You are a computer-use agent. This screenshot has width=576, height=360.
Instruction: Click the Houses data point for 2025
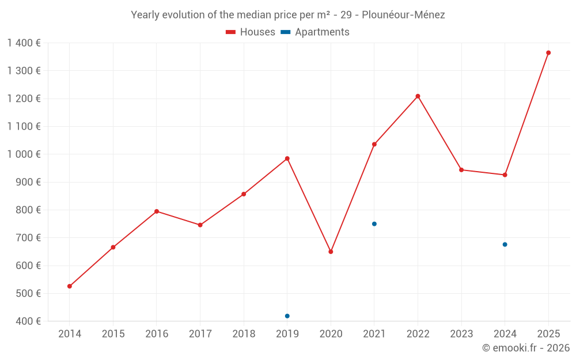pyautogui.click(x=548, y=53)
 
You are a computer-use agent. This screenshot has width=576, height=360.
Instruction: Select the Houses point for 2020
pyautogui.click(x=331, y=252)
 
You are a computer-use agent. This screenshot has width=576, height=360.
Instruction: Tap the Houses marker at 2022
pyautogui.click(x=418, y=96)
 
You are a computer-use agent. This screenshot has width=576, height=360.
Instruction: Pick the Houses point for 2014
pyautogui.click(x=70, y=286)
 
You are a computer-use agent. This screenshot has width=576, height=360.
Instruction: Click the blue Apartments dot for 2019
pyautogui.click(x=287, y=316)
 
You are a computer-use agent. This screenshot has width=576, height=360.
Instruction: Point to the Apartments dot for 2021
pyautogui.click(x=374, y=224)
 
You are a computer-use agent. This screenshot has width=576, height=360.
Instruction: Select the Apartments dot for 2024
pyautogui.click(x=505, y=245)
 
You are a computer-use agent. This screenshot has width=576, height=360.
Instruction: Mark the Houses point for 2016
pyautogui.click(x=157, y=211)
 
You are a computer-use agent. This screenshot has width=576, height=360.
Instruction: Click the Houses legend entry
pyautogui.click(x=251, y=32)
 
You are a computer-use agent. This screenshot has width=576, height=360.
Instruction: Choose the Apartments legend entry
pyautogui.click(x=315, y=32)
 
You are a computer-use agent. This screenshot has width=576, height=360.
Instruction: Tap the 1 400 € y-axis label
pyautogui.click(x=24, y=43)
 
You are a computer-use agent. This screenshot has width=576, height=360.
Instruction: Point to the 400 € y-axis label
pyautogui.click(x=28, y=321)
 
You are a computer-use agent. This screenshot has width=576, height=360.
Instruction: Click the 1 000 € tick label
pyautogui.click(x=24, y=154)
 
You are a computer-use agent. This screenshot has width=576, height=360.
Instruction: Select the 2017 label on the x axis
pyautogui.click(x=200, y=334)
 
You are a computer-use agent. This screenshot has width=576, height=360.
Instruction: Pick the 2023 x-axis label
pyautogui.click(x=461, y=334)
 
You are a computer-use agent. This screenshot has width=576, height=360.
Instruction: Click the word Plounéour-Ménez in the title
pyautogui.click(x=403, y=15)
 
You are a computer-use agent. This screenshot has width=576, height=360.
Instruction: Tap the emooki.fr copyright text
pyautogui.click(x=526, y=347)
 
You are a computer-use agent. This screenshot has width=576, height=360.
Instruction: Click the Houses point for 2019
pyautogui.click(x=287, y=159)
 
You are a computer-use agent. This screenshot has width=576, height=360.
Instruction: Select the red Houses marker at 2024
pyautogui.click(x=505, y=175)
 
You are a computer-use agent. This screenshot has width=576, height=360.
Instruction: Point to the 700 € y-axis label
pyautogui.click(x=28, y=238)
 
